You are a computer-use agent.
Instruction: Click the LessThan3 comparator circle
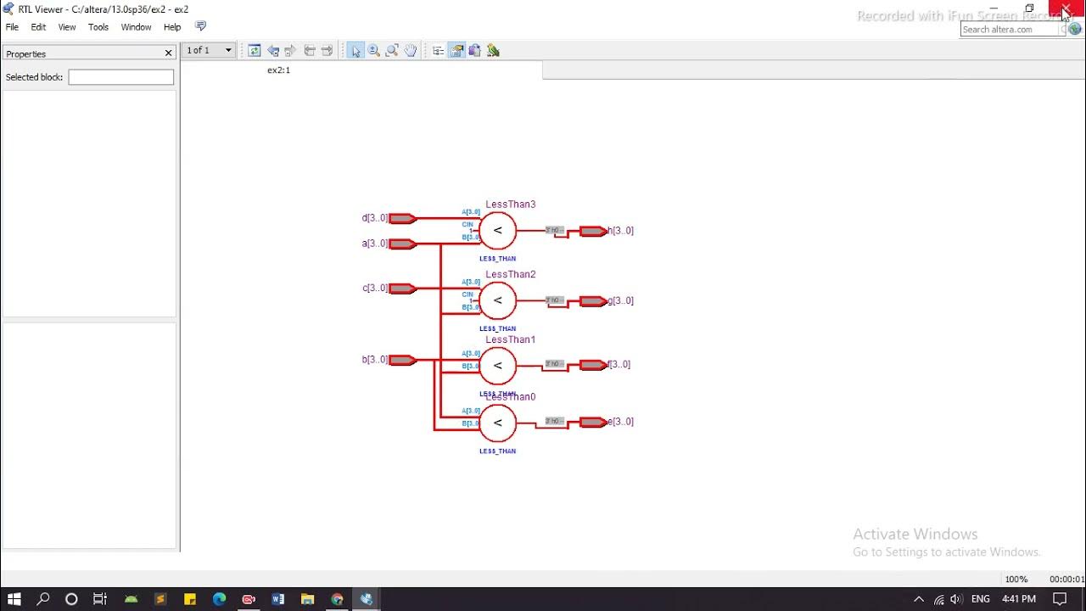[x=497, y=230]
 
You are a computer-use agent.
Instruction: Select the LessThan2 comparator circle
[x=497, y=300]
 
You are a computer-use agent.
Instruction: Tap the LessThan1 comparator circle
[x=497, y=366]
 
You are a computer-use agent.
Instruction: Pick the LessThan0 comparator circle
[x=497, y=423]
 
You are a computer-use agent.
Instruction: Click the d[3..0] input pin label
[x=375, y=218]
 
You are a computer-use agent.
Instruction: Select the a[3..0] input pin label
[x=375, y=244]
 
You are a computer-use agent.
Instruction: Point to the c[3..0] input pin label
[x=375, y=289]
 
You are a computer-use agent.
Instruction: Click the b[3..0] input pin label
[x=375, y=360]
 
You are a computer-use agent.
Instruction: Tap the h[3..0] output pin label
[x=621, y=231]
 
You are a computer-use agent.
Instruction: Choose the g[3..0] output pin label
[x=621, y=301]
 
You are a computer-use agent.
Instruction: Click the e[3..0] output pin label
[x=621, y=422]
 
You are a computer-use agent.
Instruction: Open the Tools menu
[x=98, y=27]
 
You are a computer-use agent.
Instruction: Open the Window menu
[x=136, y=27]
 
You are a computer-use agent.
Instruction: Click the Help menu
[x=172, y=27]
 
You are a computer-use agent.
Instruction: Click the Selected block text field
[x=120, y=77]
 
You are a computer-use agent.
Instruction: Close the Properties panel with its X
[x=168, y=53]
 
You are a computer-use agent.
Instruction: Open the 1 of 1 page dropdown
[x=228, y=50]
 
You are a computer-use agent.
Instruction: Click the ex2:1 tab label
[x=278, y=70]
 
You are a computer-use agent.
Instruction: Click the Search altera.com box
[x=1010, y=30]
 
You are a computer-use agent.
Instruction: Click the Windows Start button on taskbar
[x=14, y=599]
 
